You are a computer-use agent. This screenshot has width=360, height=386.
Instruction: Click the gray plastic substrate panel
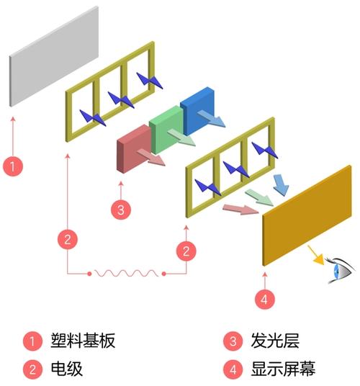[55, 58]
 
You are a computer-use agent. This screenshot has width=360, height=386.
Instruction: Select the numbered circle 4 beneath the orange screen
[264, 297]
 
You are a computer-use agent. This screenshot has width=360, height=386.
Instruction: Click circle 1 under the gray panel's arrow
[14, 165]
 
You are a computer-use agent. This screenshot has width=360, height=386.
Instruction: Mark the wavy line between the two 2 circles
[127, 273]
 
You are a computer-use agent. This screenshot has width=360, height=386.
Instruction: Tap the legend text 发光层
[274, 340]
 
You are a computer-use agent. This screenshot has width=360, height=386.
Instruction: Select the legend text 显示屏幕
[282, 369]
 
